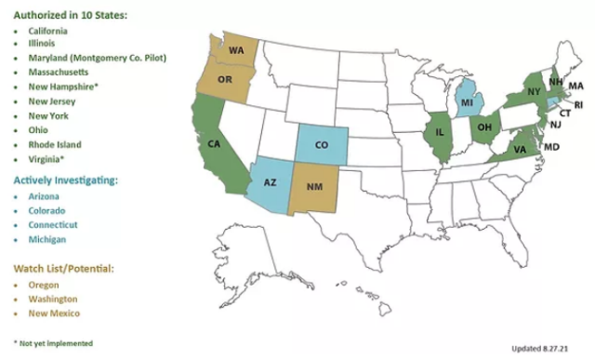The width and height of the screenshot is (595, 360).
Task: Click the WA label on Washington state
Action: pos(236,50)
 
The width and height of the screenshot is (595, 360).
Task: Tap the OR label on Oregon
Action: pos(224,80)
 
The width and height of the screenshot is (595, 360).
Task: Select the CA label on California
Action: pos(214,144)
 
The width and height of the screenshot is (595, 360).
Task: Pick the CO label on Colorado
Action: pos(322,145)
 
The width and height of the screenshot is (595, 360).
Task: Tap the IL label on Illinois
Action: pos(439,133)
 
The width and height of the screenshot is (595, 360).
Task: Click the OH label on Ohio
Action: pos(484,127)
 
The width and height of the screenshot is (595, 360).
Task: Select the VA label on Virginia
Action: pos(522,149)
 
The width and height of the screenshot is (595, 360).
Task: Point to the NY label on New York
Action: pos(534,91)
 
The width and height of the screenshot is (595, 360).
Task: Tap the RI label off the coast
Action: pos(576,104)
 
